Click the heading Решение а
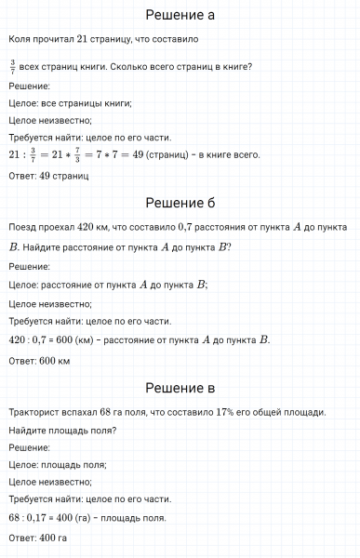(x=180, y=15)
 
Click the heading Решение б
(x=180, y=203)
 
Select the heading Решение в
(x=180, y=388)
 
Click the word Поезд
(x=21, y=227)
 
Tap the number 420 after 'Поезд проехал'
(x=86, y=227)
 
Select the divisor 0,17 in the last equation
(x=40, y=517)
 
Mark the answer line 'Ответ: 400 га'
(x=37, y=538)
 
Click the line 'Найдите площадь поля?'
(x=61, y=430)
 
